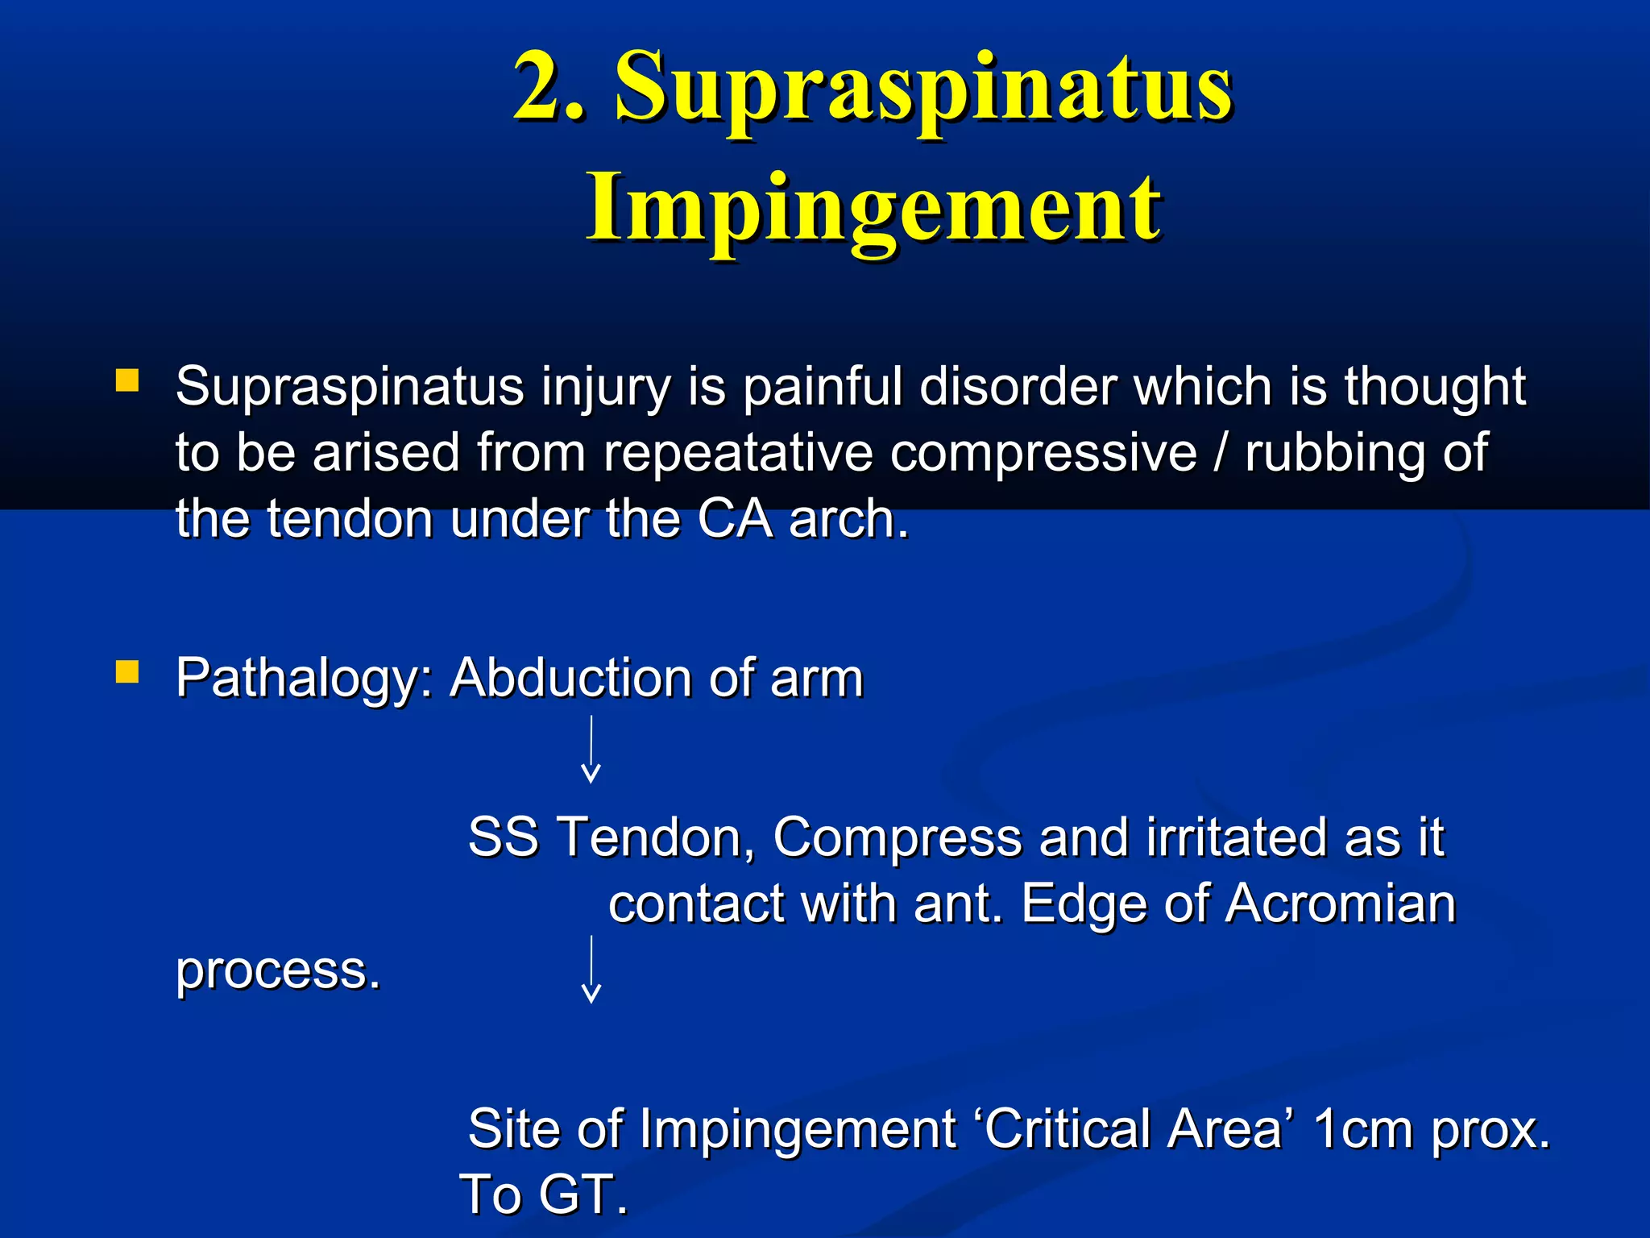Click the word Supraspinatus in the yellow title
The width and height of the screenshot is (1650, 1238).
923,89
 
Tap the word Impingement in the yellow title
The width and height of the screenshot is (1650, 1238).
873,210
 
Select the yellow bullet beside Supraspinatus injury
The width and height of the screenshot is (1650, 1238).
127,380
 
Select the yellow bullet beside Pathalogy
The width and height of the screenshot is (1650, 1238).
127,671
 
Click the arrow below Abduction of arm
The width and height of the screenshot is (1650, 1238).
591,750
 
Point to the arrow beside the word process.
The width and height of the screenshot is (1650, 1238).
591,969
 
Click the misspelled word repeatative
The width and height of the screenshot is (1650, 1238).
738,453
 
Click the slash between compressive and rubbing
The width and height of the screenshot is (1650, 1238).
1221,453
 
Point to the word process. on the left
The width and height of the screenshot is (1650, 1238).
278,970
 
